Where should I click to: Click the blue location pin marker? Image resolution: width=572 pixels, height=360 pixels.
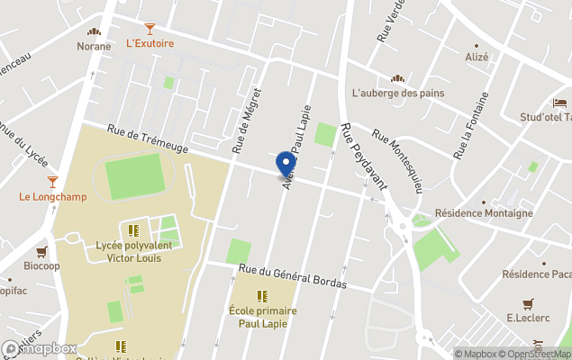click(x=286, y=165)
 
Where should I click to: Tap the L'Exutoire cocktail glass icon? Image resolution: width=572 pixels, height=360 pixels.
click(x=150, y=29)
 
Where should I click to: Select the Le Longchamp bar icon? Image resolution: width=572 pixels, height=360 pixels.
click(x=53, y=183)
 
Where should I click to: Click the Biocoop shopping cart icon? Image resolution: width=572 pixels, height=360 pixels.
click(x=41, y=253)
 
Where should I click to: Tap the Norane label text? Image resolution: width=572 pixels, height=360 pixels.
click(x=94, y=46)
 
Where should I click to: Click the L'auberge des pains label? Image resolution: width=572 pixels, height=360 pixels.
click(x=397, y=93)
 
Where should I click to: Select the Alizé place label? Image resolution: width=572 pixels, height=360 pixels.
click(x=477, y=57)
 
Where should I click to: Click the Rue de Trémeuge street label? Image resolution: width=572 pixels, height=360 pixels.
click(x=148, y=138)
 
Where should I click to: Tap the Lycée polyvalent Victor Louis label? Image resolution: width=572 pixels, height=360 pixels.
click(x=134, y=250)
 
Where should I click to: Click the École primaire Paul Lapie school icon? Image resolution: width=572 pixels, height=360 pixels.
click(x=262, y=296)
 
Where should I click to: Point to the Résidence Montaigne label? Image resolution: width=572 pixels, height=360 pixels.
click(x=483, y=213)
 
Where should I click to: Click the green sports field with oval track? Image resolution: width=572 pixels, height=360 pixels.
click(x=133, y=176)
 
